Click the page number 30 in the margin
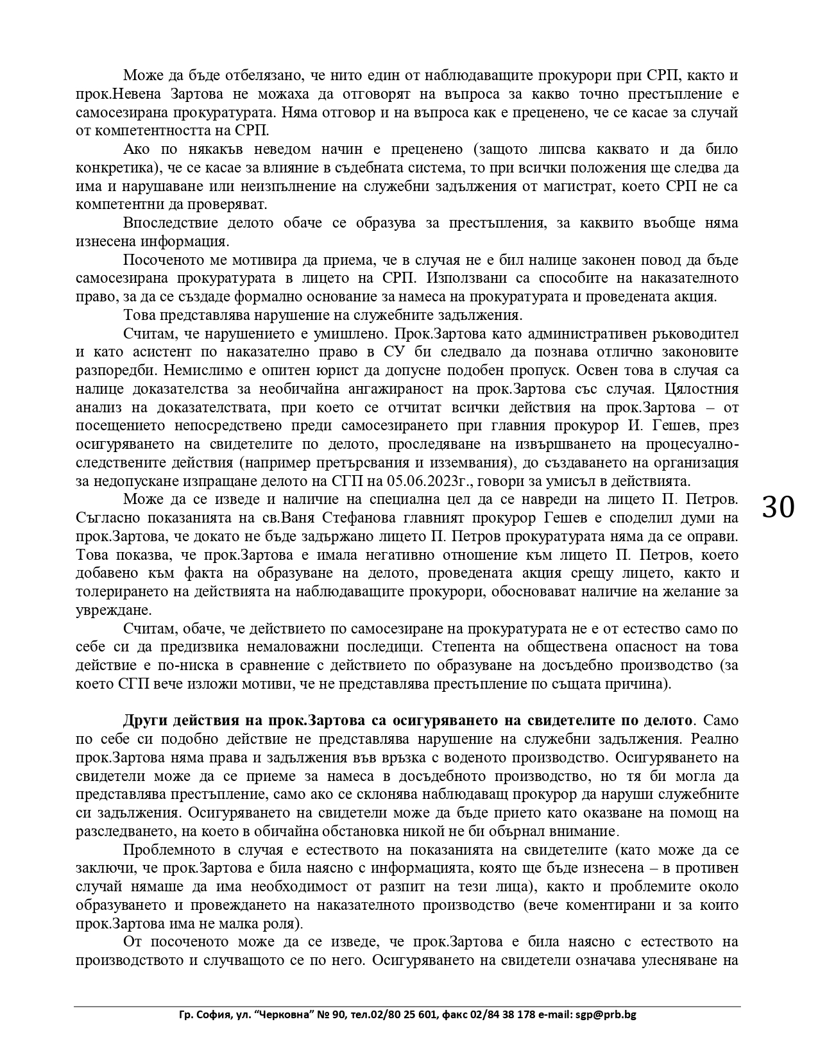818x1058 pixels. point(778,507)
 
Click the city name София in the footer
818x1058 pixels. point(211,1015)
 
